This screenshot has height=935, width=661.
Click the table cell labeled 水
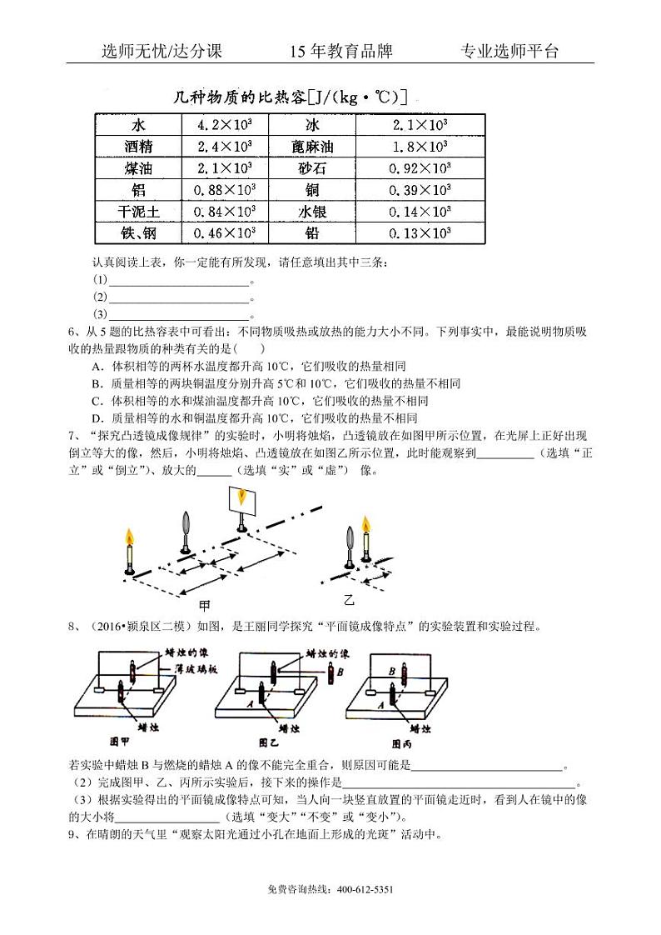click(137, 126)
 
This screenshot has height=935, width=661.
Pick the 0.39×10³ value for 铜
click(420, 190)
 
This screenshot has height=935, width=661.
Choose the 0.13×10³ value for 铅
click(420, 233)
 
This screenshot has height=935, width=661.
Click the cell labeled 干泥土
click(137, 212)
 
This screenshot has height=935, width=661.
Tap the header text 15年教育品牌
click(340, 51)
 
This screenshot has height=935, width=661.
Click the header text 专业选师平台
click(509, 51)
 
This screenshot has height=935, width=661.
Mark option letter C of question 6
click(97, 400)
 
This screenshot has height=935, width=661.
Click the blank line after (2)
click(179, 297)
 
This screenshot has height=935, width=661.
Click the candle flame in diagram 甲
click(129, 537)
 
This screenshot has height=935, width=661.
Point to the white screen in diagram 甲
click(242, 500)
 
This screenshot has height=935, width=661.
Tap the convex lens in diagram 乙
click(350, 533)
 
